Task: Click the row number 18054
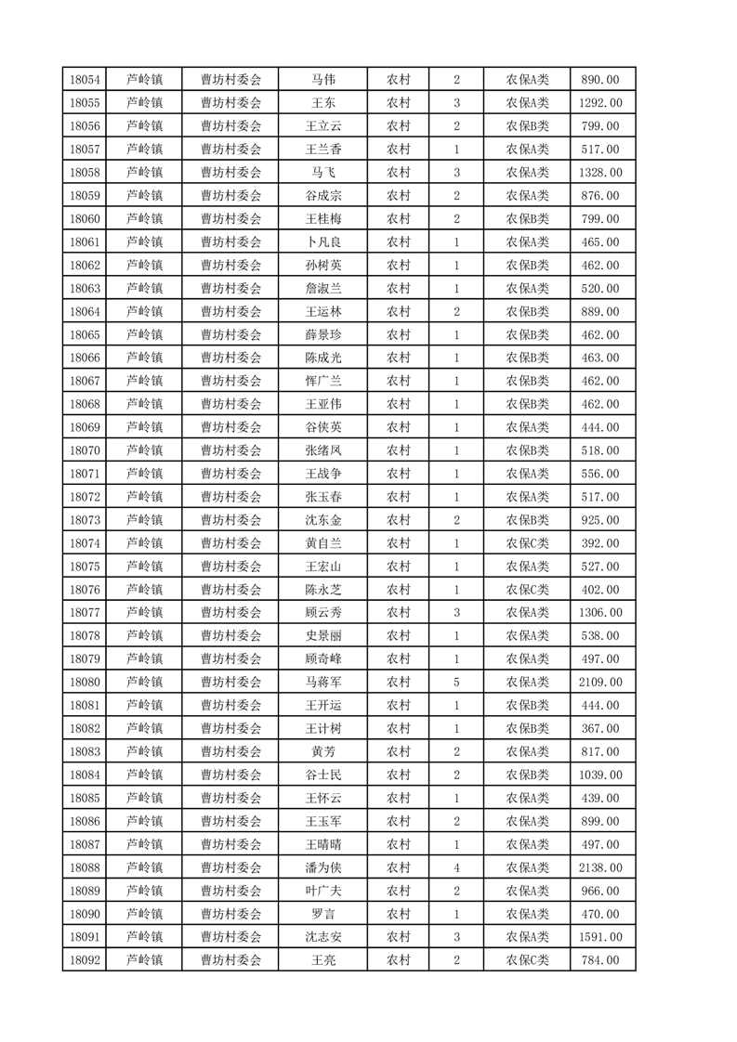pyautogui.click(x=85, y=80)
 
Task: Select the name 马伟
pyautogui.click(x=322, y=80)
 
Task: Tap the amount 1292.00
pyautogui.click(x=600, y=103)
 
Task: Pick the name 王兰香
pyautogui.click(x=322, y=150)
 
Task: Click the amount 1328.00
pyautogui.click(x=600, y=173)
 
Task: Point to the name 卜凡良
pyautogui.click(x=322, y=242)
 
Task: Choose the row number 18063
pyautogui.click(x=85, y=289)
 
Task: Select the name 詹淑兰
pyautogui.click(x=322, y=289)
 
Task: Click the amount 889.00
pyautogui.click(x=600, y=312)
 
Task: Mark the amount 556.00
pyautogui.click(x=600, y=474)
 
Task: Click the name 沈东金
pyautogui.click(x=322, y=520)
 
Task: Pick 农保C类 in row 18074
pyautogui.click(x=527, y=543)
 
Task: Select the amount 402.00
pyautogui.click(x=600, y=590)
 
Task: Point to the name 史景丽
pyautogui.click(x=322, y=636)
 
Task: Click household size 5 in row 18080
pyautogui.click(x=456, y=683)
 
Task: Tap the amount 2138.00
pyautogui.click(x=600, y=867)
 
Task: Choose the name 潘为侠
pyautogui.click(x=322, y=867)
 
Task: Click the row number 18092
pyautogui.click(x=85, y=960)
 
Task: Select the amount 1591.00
pyautogui.click(x=600, y=937)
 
